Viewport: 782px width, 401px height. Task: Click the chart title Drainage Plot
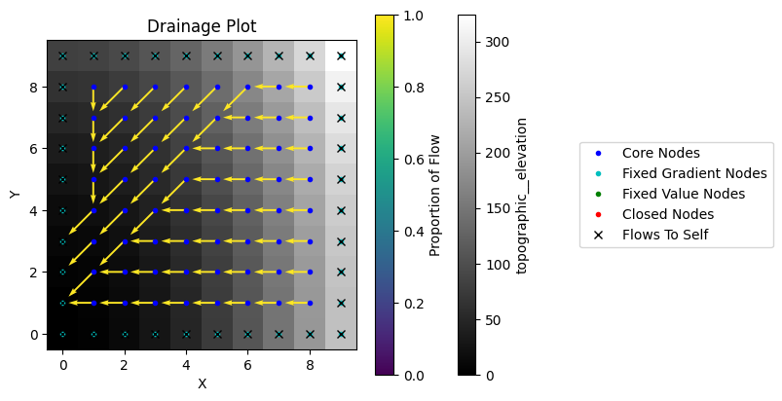pyautogui.click(x=202, y=26)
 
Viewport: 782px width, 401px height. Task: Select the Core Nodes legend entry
pyautogui.click(x=660, y=153)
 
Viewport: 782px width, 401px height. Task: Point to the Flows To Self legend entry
pyautogui.click(x=664, y=235)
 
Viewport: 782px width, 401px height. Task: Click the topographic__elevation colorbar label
pyautogui.click(x=523, y=195)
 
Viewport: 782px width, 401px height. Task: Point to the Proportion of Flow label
pyautogui.click(x=435, y=195)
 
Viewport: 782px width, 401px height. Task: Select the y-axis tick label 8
pyautogui.click(x=33, y=87)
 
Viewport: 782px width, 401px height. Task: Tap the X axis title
pyautogui.click(x=202, y=383)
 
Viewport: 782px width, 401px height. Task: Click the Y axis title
pyautogui.click(x=15, y=195)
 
